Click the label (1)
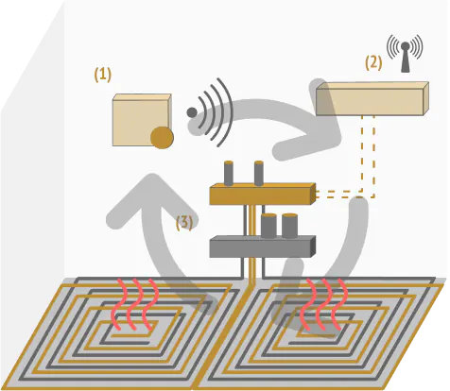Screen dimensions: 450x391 (103, 76)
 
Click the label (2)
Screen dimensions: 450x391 (373, 63)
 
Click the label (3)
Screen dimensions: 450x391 (184, 223)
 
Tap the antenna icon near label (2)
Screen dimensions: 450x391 (405, 53)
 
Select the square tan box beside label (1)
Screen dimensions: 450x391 (142, 120)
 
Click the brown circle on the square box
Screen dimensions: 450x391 (162, 138)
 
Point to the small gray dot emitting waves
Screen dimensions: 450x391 (192, 112)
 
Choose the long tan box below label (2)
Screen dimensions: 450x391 (372, 98)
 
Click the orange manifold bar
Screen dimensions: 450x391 (263, 194)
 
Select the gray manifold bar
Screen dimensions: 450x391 (263, 246)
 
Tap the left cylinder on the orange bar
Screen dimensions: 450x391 (229, 174)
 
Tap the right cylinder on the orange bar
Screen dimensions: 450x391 (259, 174)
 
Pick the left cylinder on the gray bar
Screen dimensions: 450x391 (268, 226)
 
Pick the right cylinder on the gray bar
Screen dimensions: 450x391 (289, 226)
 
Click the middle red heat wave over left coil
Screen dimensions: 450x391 (133, 304)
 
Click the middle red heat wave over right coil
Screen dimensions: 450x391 (323, 304)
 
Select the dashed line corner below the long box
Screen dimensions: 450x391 (374, 197)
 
